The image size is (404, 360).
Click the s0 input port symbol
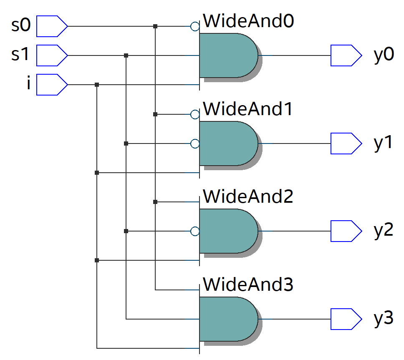(x=52, y=26)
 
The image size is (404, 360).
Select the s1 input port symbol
(x=52, y=55)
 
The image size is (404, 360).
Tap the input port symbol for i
(x=52, y=85)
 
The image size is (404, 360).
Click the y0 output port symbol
(x=346, y=55)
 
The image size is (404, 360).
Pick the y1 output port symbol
(x=346, y=143)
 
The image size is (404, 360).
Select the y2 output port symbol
(x=346, y=231)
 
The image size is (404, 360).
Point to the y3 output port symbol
(x=346, y=319)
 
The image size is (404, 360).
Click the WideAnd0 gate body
(x=227, y=55)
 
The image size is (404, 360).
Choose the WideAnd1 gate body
(x=227, y=143)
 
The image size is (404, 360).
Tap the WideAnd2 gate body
(x=227, y=231)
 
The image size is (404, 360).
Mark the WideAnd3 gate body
(x=227, y=319)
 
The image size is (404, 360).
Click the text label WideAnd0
(x=248, y=21)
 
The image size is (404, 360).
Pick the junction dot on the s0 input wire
(x=155, y=26)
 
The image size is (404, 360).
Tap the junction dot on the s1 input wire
(x=126, y=55)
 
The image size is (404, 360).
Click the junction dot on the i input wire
(x=97, y=85)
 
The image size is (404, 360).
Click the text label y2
(x=383, y=231)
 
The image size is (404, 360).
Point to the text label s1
(x=20, y=55)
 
